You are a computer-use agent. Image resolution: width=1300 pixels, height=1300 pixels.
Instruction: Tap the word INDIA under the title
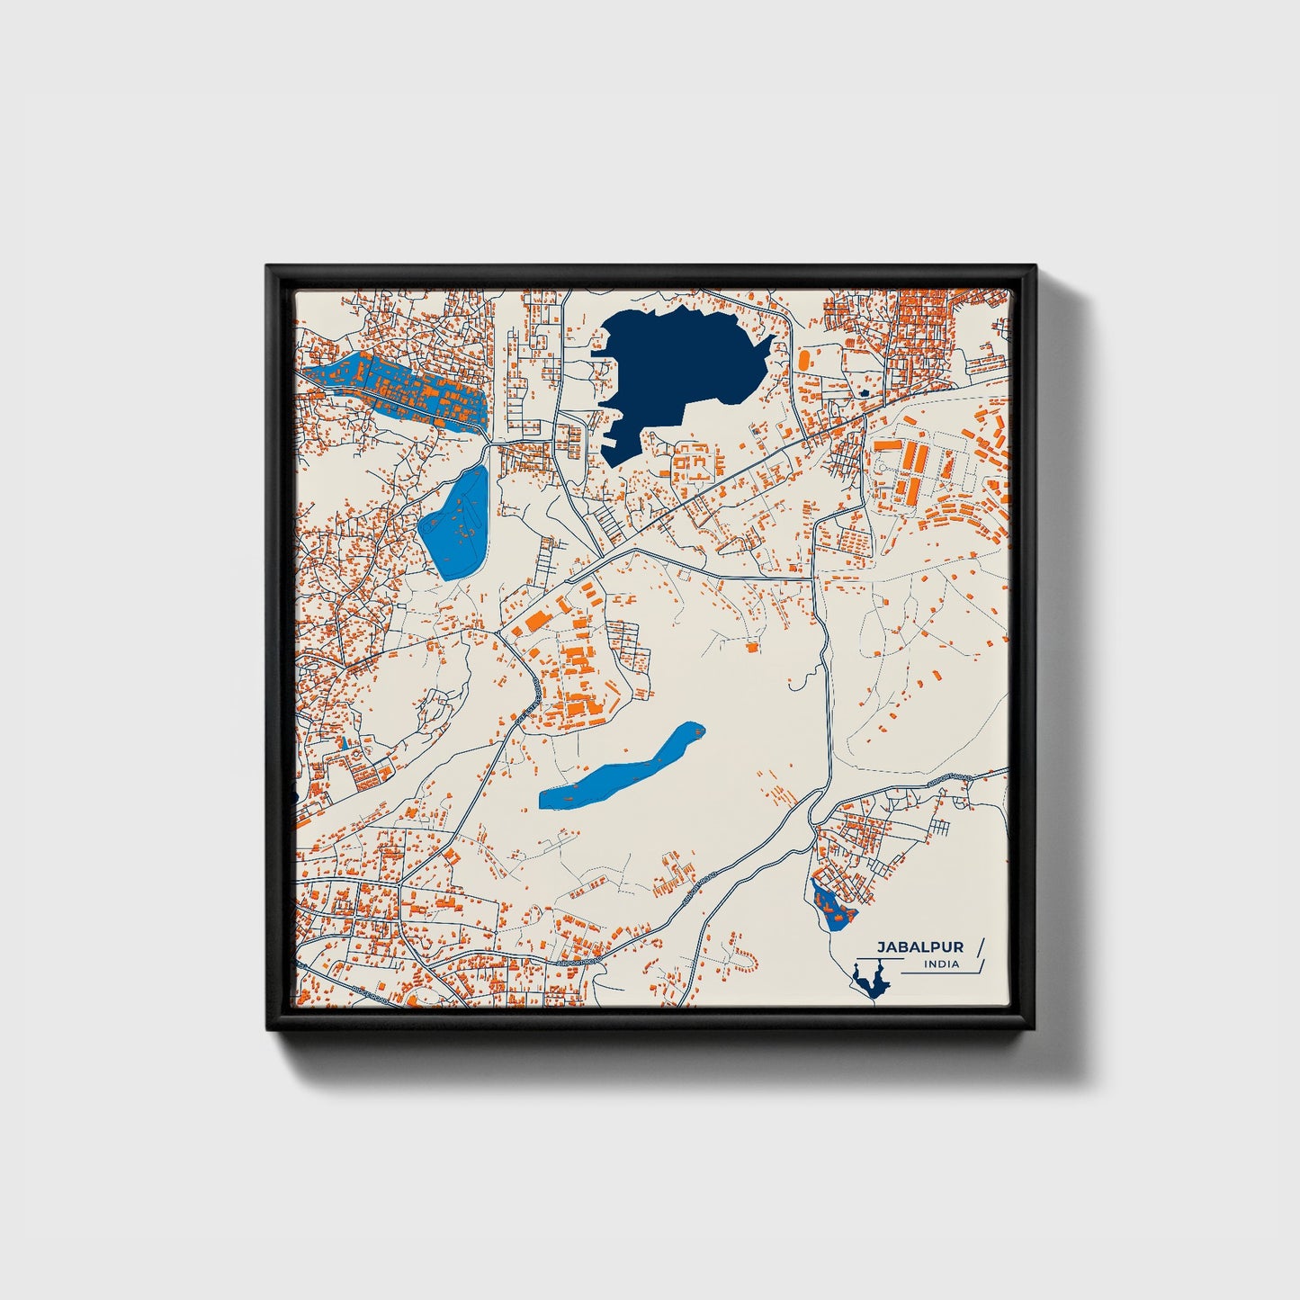click(941, 964)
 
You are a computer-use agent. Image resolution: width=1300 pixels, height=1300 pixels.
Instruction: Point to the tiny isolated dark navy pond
click(864, 393)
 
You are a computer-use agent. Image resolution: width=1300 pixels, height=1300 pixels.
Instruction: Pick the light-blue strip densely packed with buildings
click(396, 389)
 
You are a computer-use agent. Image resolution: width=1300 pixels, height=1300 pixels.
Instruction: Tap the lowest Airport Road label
click(576, 961)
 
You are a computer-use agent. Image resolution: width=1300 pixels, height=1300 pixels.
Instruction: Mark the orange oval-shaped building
click(802, 358)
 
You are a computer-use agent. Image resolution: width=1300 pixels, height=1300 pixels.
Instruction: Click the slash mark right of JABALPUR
click(980, 948)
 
